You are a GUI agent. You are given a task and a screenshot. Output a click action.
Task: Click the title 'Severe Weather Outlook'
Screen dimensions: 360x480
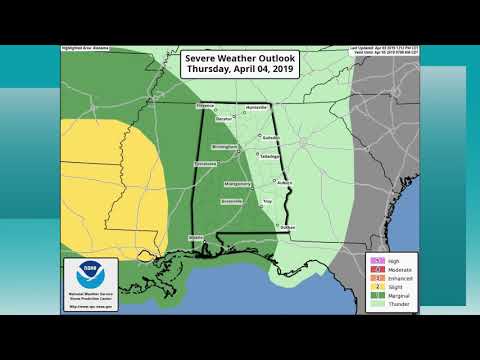point(239,61)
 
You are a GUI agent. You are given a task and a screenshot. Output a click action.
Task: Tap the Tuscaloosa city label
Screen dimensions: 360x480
point(205,163)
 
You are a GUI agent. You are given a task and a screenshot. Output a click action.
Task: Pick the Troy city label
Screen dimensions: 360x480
point(267,202)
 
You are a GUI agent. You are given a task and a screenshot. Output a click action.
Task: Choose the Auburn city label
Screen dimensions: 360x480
point(283,183)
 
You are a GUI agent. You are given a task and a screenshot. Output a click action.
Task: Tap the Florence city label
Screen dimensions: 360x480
point(205,105)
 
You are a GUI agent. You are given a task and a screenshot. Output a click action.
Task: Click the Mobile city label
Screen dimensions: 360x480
point(196,237)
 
